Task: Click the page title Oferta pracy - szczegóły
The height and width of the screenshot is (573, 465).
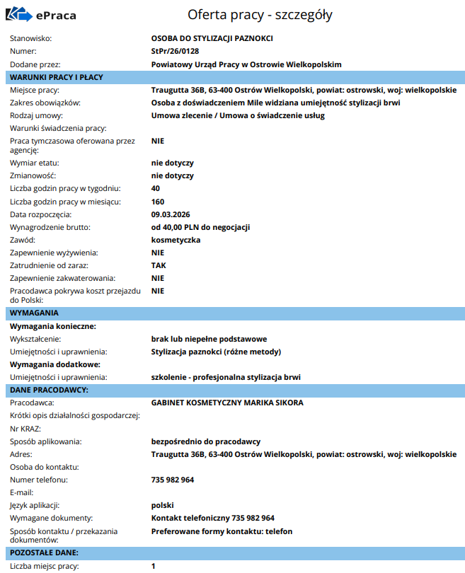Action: (x=260, y=15)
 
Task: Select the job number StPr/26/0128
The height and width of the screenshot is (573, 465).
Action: (x=174, y=51)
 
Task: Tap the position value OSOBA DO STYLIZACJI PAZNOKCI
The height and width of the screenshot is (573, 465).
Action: (x=212, y=38)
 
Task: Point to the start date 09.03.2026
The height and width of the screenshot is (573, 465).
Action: (x=171, y=214)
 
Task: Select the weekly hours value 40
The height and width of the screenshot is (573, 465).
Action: (x=156, y=188)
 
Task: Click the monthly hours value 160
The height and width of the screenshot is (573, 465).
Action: (x=158, y=202)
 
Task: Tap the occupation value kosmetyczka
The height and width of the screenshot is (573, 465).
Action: (x=176, y=240)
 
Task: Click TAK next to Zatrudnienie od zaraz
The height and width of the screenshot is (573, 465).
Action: (x=159, y=265)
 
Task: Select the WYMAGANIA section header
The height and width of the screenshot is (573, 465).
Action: (x=35, y=312)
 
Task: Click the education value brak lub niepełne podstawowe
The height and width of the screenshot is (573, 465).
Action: (x=209, y=339)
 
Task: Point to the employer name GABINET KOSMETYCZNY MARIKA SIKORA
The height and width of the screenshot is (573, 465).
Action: (x=227, y=403)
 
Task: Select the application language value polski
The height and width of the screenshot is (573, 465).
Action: (x=163, y=505)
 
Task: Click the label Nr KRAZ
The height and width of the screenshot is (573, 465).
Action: (x=25, y=429)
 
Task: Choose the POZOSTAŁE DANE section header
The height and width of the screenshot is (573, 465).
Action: (x=44, y=552)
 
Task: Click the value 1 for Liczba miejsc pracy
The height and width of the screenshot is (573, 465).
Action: (x=154, y=566)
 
